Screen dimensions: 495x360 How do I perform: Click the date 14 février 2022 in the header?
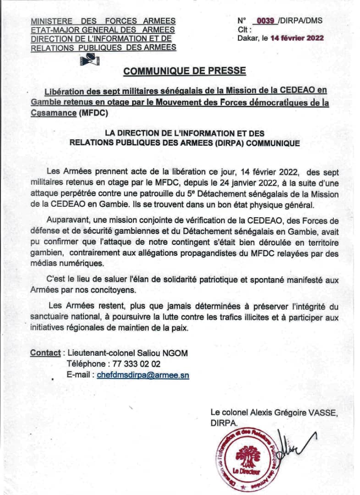pyautogui.click(x=297, y=38)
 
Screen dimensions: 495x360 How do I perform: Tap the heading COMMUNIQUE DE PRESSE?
pyautogui.click(x=185, y=71)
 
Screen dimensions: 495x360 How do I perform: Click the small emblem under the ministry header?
pyautogui.click(x=90, y=59)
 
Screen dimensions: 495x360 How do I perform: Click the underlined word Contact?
pyautogui.click(x=45, y=353)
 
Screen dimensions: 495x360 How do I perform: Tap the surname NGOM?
pyautogui.click(x=176, y=353)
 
